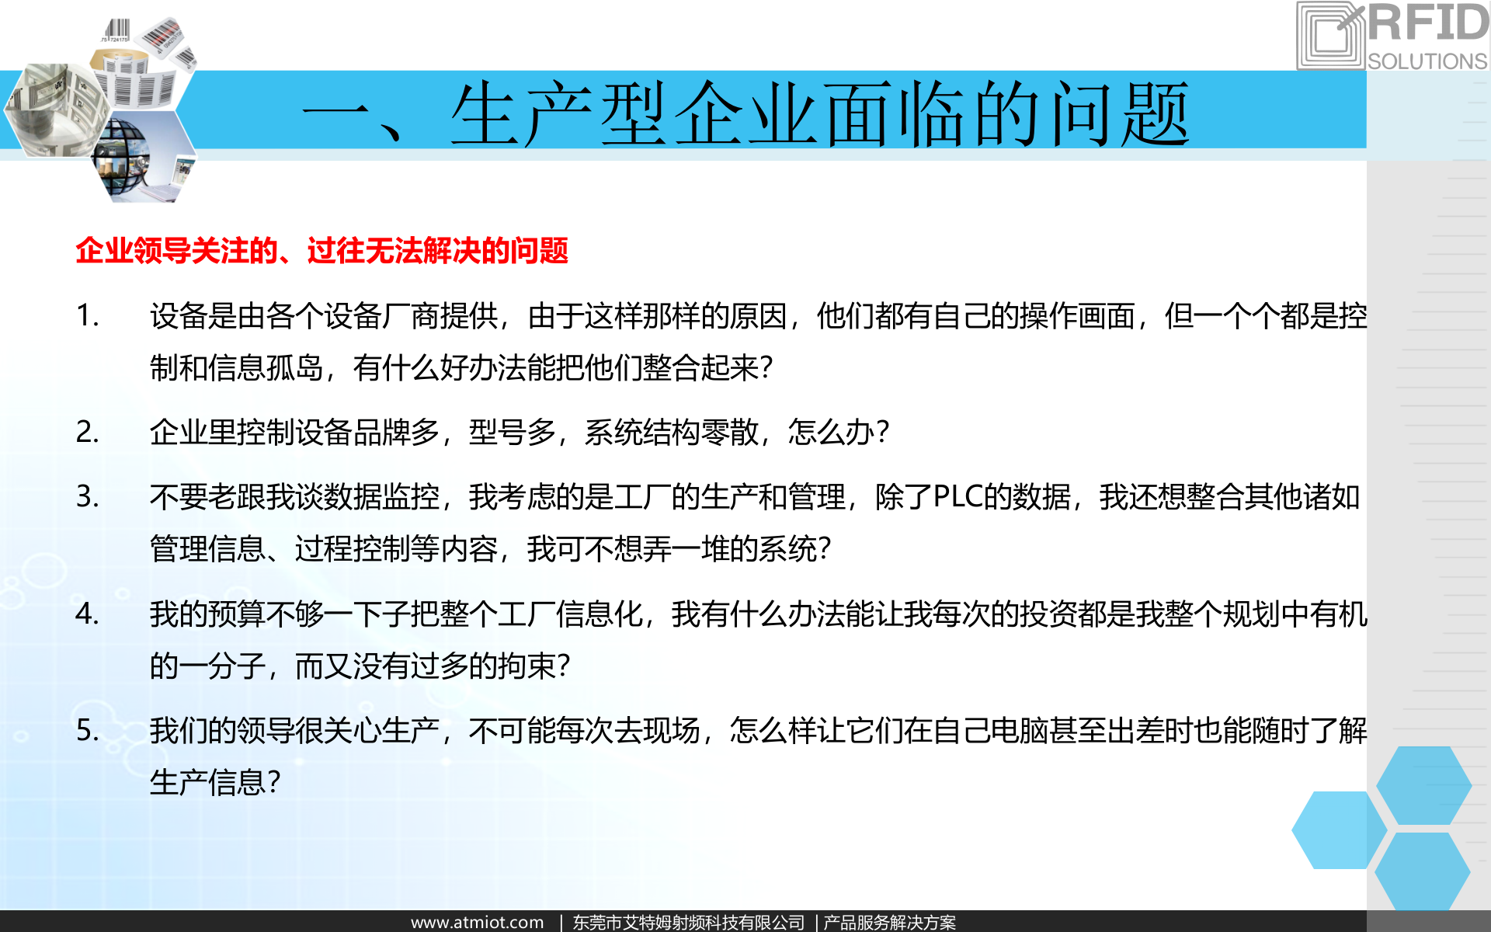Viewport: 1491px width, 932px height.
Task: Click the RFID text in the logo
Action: pos(1427,23)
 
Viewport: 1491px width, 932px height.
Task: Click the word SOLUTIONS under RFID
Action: pos(1427,61)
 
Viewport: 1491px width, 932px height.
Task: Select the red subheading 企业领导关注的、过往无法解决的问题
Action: pos(321,251)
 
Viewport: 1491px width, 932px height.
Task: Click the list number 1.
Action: pos(87,315)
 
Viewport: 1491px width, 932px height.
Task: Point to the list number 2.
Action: pos(87,432)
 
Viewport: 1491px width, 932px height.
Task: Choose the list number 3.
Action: pos(87,496)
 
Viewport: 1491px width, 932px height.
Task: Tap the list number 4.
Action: pos(87,614)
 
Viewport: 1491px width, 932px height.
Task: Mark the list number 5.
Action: pos(87,730)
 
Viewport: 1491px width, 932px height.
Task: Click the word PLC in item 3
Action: pos(958,497)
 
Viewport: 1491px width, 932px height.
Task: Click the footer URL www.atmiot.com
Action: pos(477,922)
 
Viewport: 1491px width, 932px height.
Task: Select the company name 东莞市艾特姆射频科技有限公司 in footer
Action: pos(689,922)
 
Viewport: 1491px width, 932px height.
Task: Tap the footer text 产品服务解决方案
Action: pos(889,922)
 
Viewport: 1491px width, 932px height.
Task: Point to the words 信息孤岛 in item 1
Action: pos(265,367)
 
